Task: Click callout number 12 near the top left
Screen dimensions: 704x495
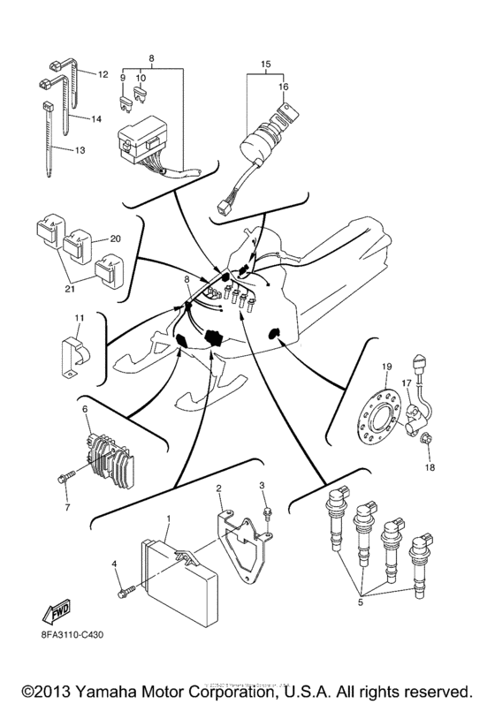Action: pos(102,74)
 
